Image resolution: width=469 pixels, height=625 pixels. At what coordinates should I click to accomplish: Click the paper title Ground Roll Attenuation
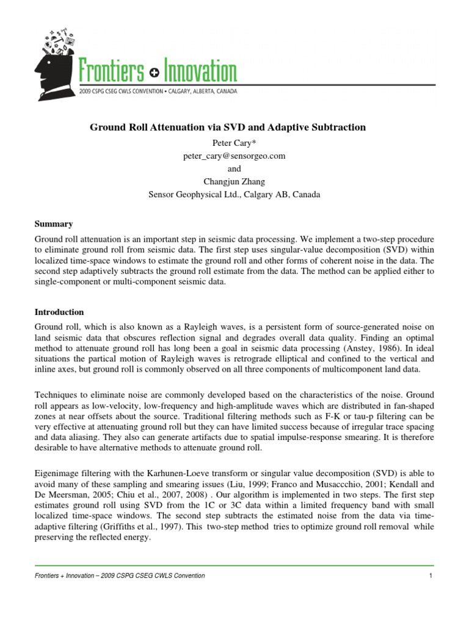pyautogui.click(x=228, y=128)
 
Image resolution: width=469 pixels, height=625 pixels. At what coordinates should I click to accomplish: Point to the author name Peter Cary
pyautogui.click(x=234, y=143)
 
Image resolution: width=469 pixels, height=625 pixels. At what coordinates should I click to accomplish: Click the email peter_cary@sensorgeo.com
pyautogui.click(x=234, y=156)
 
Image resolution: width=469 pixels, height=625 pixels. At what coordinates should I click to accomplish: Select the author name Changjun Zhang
pyautogui.click(x=234, y=182)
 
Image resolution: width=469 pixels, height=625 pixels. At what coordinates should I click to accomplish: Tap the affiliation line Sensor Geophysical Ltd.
pyautogui.click(x=234, y=195)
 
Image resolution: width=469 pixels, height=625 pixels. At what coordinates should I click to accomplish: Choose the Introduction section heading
pyautogui.click(x=59, y=312)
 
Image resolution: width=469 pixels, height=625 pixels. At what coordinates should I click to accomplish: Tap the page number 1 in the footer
pyautogui.click(x=431, y=576)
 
